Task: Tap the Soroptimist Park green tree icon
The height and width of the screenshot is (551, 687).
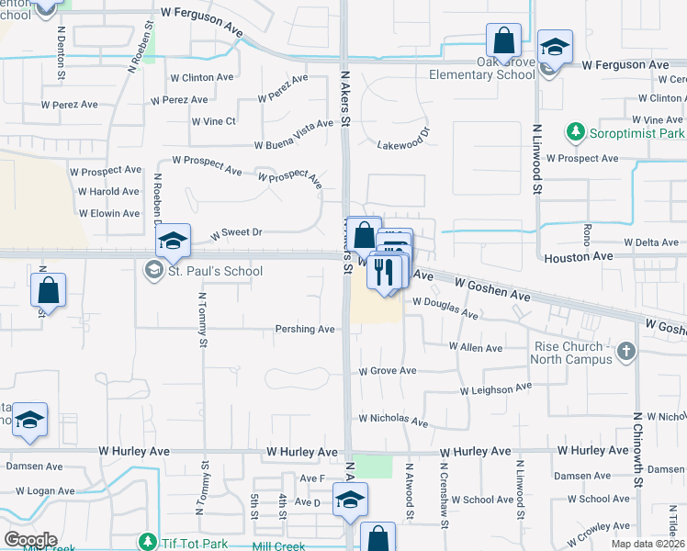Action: pos(576,132)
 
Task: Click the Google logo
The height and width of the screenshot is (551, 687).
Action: pos(29,540)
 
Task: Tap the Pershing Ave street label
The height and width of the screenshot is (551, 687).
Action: pos(305,329)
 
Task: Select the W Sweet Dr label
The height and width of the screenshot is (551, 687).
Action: pos(237,233)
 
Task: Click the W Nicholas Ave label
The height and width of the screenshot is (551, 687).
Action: pos(393,419)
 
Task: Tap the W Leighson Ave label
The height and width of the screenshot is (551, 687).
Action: pos(496,389)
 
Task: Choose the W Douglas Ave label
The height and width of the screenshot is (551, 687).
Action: pos(445,307)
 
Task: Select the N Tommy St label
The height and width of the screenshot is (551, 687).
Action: pos(201,320)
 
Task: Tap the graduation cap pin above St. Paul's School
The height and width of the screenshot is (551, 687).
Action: pos(173,242)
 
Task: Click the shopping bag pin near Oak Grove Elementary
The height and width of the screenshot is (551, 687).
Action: pos(503,41)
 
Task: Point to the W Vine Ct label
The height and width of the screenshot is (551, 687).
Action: pos(214,121)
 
